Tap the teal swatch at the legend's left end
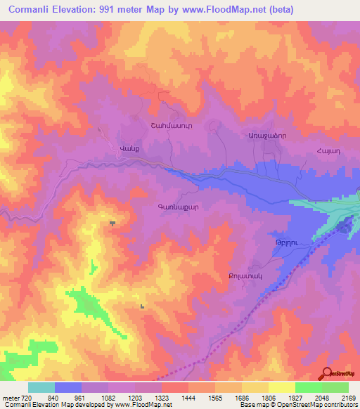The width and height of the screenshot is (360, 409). pyautogui.click(x=41, y=387)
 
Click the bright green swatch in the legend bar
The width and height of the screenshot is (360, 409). pyautogui.click(x=308, y=387)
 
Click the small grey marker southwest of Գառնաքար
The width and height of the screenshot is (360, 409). pyautogui.click(x=112, y=223)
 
